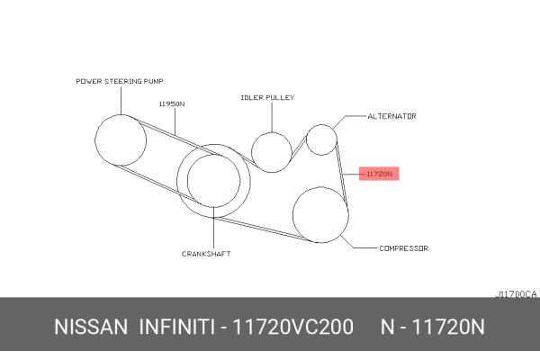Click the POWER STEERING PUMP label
click(120, 81)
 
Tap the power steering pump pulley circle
click(95, 140)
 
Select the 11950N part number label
click(172, 103)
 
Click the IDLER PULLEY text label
click(267, 97)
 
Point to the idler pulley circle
click(252, 152)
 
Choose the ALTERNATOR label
click(391, 116)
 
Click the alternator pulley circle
click(307, 139)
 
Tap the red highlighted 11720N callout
click(379, 174)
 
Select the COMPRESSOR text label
click(404, 248)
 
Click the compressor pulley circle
click(293, 215)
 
